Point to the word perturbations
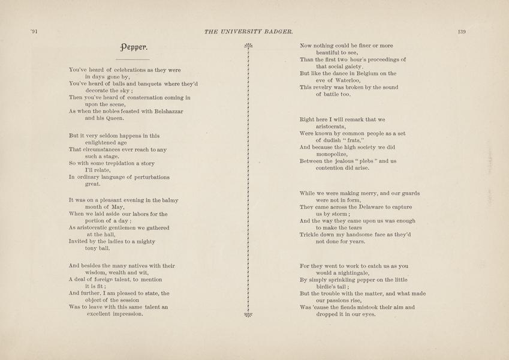(x=144, y=177)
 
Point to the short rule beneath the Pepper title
(x=132, y=60)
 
